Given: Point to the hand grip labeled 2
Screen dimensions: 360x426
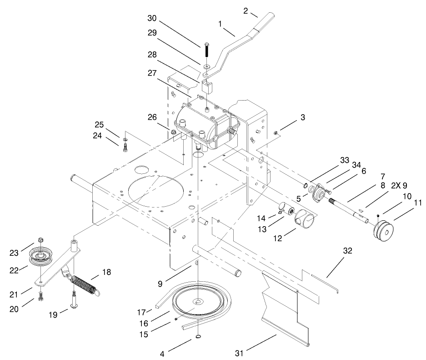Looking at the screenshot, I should (264, 22).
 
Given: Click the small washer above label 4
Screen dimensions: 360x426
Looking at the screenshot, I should (199, 336).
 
